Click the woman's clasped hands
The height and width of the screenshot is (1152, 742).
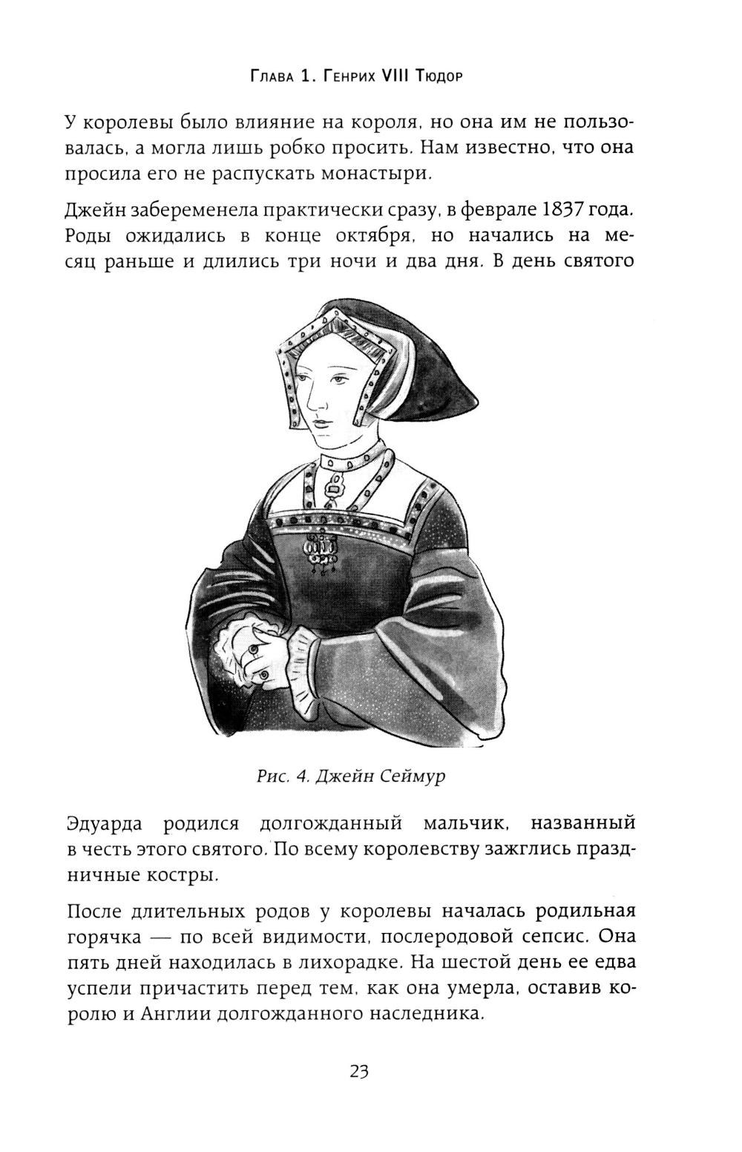260,653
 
